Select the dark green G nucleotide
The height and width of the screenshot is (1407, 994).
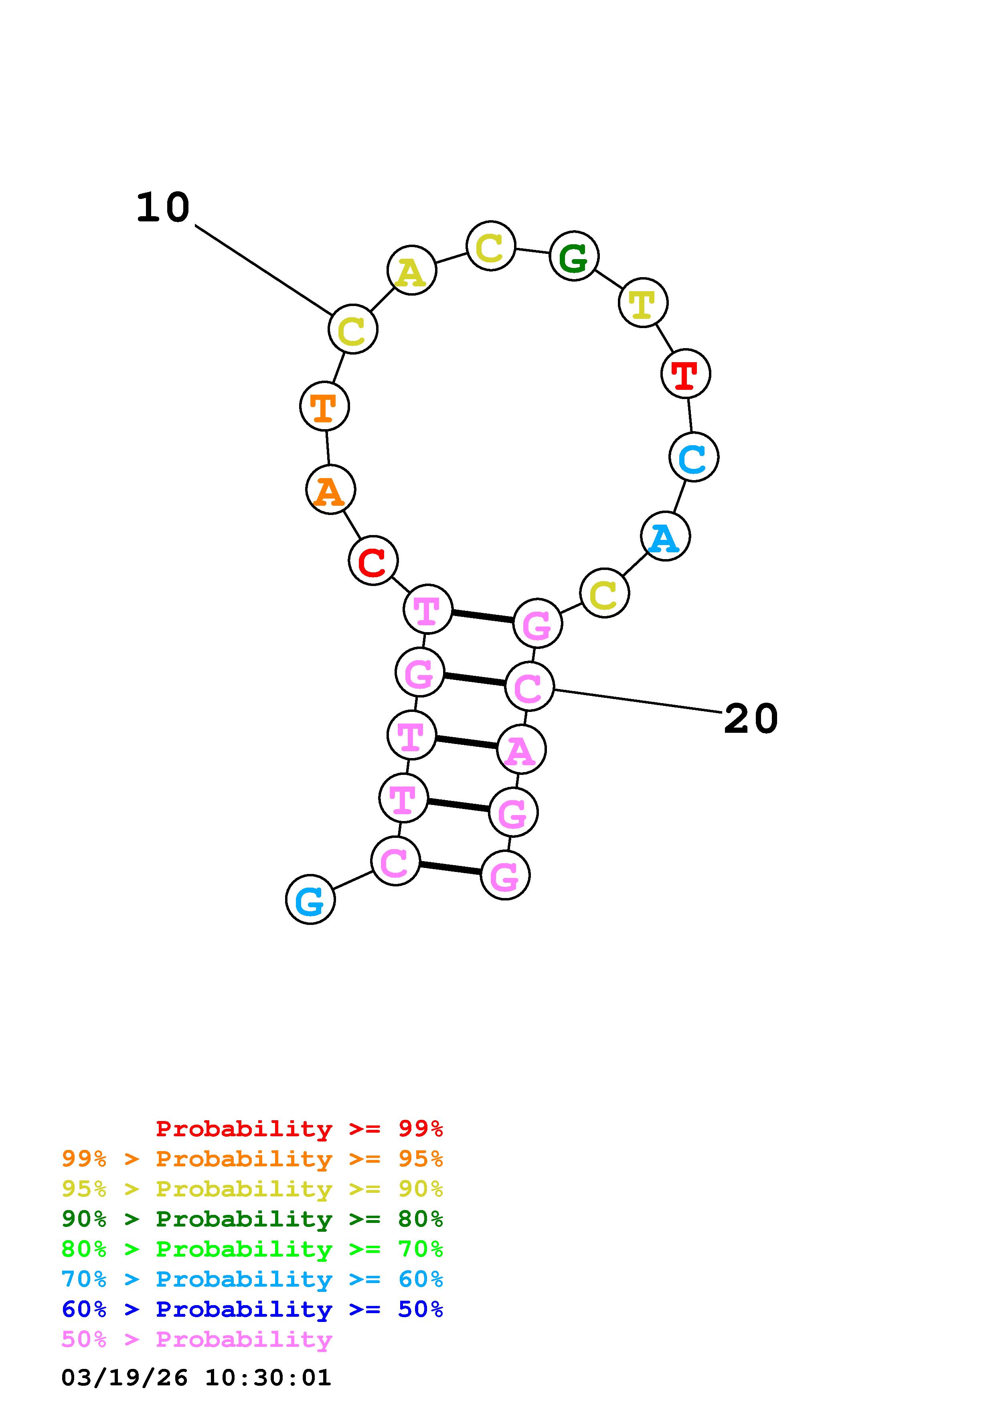[x=574, y=256]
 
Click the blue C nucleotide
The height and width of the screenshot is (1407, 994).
[x=693, y=457]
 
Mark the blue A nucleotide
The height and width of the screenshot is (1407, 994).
[x=665, y=536]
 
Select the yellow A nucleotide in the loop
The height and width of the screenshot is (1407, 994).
[x=411, y=270]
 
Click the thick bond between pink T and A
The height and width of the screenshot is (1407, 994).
[x=466, y=742]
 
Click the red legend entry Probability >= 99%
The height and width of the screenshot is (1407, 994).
[x=299, y=1129]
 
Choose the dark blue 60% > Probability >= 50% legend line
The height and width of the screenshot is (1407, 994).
[x=252, y=1310]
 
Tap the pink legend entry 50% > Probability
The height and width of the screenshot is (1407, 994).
[x=196, y=1340]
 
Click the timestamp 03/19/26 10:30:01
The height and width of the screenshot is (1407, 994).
[x=196, y=1378]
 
